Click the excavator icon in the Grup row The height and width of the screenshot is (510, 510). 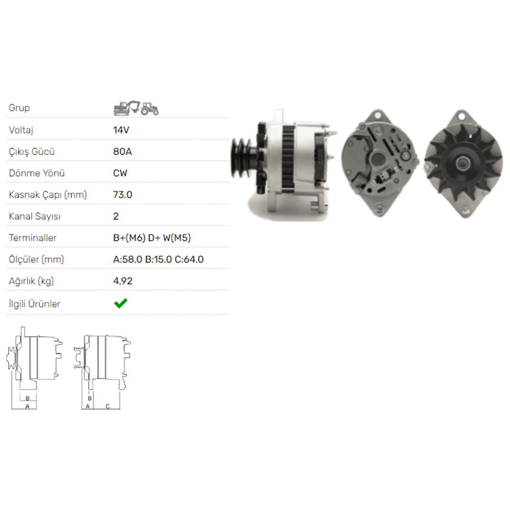126,108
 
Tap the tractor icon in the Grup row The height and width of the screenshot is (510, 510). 150,108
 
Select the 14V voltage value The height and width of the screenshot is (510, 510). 121,130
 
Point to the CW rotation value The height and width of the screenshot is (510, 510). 120,173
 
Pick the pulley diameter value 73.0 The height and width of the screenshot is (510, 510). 122,195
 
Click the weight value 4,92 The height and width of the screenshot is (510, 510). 122,281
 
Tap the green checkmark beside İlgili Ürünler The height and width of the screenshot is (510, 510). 120,303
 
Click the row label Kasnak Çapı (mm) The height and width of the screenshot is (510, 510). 48,195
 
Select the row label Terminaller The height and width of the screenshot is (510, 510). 33,238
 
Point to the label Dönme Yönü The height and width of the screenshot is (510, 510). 37,173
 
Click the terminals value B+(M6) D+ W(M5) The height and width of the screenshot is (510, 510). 152,238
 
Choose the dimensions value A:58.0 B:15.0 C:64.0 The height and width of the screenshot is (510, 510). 158,259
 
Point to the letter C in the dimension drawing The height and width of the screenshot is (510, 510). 108,406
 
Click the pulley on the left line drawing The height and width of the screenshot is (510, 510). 11,357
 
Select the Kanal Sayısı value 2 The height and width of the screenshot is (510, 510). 116,216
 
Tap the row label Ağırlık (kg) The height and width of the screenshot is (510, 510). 32,281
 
